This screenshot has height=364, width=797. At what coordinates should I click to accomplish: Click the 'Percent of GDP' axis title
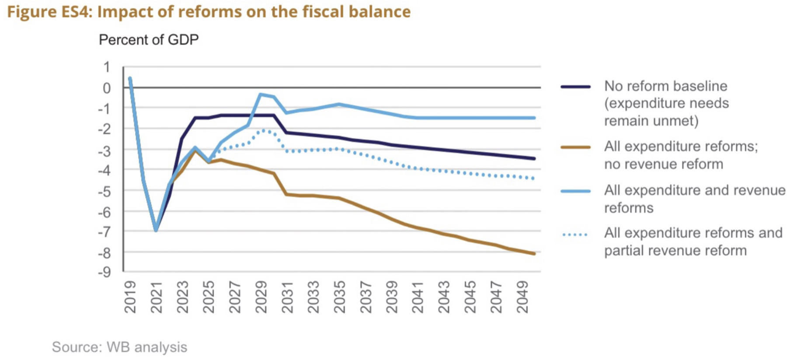[149, 40]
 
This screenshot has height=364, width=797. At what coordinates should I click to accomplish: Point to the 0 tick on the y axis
[107, 88]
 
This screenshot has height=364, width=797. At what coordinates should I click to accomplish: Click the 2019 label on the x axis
[130, 297]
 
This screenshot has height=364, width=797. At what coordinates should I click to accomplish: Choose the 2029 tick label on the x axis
[261, 297]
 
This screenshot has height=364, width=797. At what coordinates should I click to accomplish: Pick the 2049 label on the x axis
[522, 297]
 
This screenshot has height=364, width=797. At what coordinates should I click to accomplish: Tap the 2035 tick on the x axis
[339, 297]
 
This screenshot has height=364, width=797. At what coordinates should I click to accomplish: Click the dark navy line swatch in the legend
[575, 87]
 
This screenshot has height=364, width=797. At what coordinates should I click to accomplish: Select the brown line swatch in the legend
[575, 147]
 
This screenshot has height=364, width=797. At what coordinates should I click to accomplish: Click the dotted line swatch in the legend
[575, 235]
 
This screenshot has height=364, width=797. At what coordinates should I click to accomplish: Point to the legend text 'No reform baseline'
[665, 86]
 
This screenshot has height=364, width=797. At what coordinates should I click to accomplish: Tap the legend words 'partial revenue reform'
[675, 251]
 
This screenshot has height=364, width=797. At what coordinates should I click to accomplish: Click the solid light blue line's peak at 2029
[261, 94]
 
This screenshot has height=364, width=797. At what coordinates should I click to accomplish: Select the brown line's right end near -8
[534, 254]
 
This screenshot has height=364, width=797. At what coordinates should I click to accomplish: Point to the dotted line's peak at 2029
[264, 130]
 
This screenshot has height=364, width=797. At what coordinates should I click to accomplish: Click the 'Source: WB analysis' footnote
[119, 347]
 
